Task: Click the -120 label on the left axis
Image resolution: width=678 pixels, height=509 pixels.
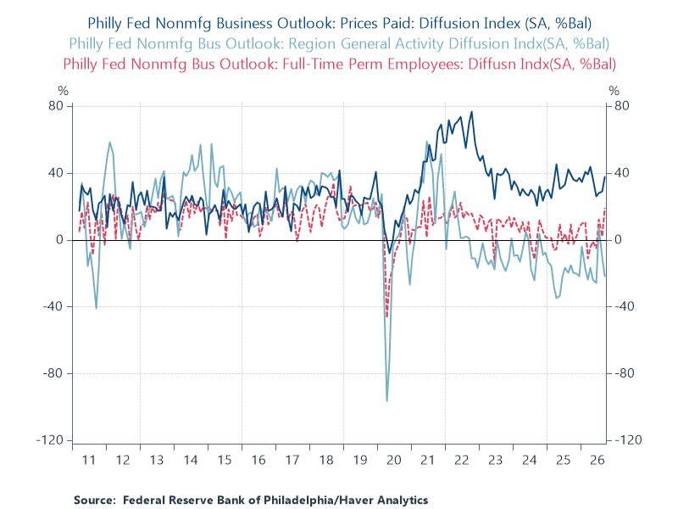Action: pyautogui.click(x=49, y=440)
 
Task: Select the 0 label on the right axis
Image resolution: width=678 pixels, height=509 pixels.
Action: pyautogui.click(x=618, y=240)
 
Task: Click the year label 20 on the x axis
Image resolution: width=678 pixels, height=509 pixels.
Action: pyautogui.click(x=393, y=460)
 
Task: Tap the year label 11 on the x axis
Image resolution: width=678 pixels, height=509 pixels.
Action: pyautogui.click(x=88, y=460)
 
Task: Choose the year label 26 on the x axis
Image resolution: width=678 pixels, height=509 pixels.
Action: pyautogui.click(x=597, y=460)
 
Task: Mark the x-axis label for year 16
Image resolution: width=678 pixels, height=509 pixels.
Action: pyautogui.click(x=258, y=460)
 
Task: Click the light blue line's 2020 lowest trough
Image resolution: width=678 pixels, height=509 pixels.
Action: pyautogui.click(x=387, y=400)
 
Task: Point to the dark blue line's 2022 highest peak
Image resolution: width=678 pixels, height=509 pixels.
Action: pyautogui.click(x=471, y=112)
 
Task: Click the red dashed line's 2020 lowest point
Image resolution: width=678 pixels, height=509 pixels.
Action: pyautogui.click(x=387, y=317)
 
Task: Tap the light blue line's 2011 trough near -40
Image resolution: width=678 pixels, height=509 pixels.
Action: pyautogui.click(x=96, y=308)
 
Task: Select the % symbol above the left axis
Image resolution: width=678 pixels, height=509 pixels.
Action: pyautogui.click(x=63, y=91)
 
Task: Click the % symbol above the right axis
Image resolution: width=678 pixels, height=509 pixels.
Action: pyautogui.click(x=614, y=91)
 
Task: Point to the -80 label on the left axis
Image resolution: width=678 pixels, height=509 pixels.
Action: pyautogui.click(x=53, y=373)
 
